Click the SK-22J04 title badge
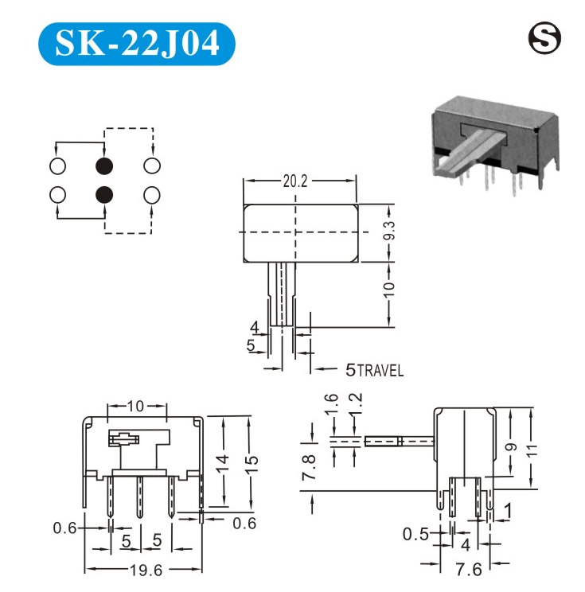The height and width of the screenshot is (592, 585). [x=137, y=44]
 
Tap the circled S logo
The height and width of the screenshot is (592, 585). [x=544, y=37]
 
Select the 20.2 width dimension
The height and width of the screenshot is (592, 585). [x=295, y=181]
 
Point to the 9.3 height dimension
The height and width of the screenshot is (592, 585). [x=389, y=230]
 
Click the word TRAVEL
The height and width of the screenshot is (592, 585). [x=380, y=371]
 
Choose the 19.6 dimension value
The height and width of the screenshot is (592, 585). [x=146, y=571]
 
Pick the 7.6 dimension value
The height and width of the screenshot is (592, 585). [x=469, y=570]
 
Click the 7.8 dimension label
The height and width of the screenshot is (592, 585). [x=309, y=467]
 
